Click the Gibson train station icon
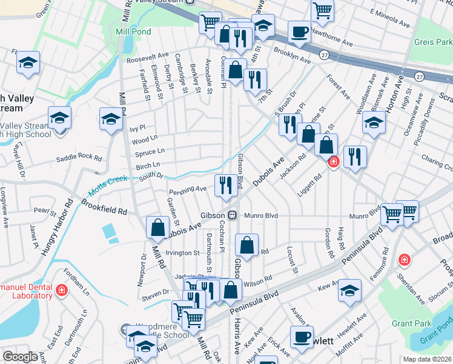tap(232, 215)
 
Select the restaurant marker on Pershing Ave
tap(226, 185)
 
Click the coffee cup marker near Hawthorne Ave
tap(299, 31)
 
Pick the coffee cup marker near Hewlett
tap(301, 337)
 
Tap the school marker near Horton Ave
tap(374, 122)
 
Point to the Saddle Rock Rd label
tap(79, 157)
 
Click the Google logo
tap(20, 357)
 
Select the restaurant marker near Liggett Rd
tap(355, 157)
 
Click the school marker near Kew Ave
tap(349, 290)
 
